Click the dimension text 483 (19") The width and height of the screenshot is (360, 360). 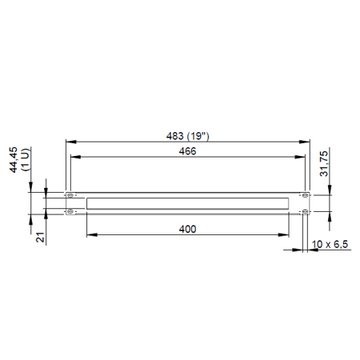pos(187,134)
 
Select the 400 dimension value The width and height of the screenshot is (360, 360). pos(187,229)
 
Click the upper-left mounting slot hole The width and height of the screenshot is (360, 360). pos(70,195)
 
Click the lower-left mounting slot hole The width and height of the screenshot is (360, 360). pos(70,211)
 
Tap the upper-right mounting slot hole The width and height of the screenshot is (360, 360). pos(304,195)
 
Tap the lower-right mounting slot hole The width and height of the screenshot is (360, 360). pos(304,211)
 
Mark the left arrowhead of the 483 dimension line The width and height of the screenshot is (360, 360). pos(67,141)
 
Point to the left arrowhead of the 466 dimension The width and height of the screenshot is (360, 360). pos(73,156)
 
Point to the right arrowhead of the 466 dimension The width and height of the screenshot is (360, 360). pos(302,156)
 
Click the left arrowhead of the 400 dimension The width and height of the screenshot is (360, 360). pos(89,234)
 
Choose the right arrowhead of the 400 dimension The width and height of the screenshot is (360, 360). pos(286,234)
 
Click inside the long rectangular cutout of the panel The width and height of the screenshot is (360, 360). pos(187,203)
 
